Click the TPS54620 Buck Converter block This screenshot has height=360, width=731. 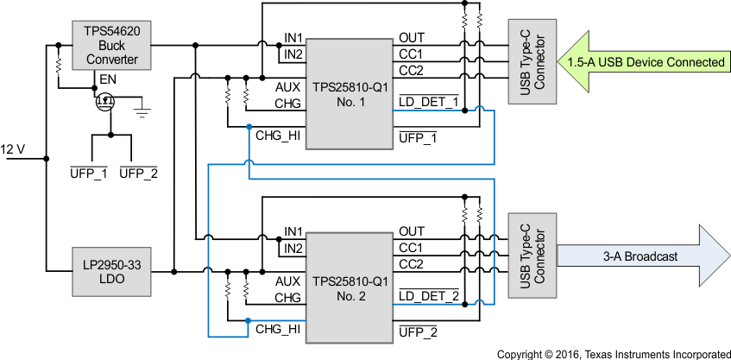coord(110,46)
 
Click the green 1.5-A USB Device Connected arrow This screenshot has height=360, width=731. coord(643,62)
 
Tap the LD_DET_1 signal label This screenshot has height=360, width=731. coord(428,103)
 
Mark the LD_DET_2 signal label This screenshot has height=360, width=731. coord(428,297)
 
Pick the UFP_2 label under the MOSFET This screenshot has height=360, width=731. coord(137,174)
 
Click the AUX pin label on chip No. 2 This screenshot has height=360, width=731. coord(287,281)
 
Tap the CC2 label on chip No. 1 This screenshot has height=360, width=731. coord(411,70)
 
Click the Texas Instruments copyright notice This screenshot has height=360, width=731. coord(613,353)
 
